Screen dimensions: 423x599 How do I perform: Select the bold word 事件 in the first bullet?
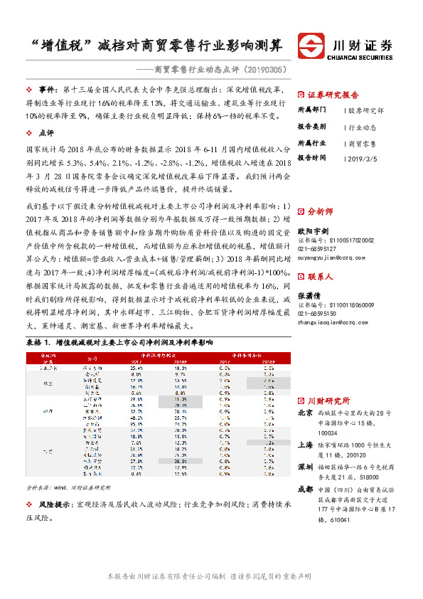pyautogui.click(x=48, y=90)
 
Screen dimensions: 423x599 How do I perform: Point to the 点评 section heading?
pyautogui.click(x=45, y=133)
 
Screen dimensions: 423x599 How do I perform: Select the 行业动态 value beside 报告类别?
pyautogui.click(x=363, y=127)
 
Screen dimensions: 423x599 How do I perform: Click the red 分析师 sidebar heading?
pyautogui.click(x=321, y=231)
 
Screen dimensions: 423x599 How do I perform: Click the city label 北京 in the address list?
pyautogui.click(x=305, y=413)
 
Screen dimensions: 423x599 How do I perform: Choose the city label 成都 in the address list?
pyautogui.click(x=305, y=489)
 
